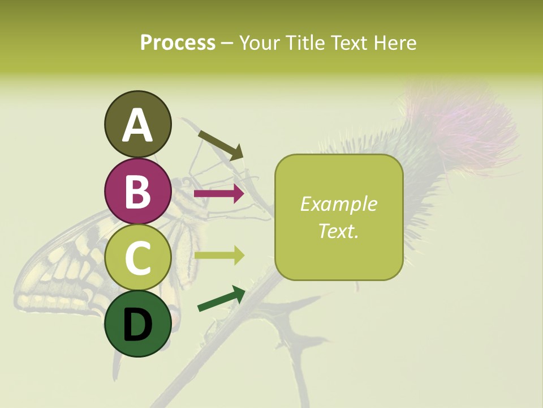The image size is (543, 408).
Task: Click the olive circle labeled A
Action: pyautogui.click(x=137, y=124)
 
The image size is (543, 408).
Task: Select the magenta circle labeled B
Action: pyautogui.click(x=137, y=191)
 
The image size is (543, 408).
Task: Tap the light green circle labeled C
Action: pyautogui.click(x=137, y=258)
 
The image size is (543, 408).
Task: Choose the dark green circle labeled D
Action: pyautogui.click(x=137, y=324)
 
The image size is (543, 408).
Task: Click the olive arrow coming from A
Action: pyautogui.click(x=221, y=144)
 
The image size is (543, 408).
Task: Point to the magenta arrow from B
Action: pyautogui.click(x=219, y=194)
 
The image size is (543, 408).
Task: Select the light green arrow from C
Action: pyautogui.click(x=219, y=256)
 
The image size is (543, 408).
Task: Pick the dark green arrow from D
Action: pyautogui.click(x=221, y=299)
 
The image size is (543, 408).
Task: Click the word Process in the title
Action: pyautogui.click(x=178, y=43)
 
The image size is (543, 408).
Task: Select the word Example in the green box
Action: pyautogui.click(x=338, y=204)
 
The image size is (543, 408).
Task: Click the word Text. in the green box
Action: pyautogui.click(x=338, y=231)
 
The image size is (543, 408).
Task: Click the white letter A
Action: pyautogui.click(x=137, y=125)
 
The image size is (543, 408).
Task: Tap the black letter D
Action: pyautogui.click(x=137, y=325)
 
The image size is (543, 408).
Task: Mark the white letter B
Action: pyautogui.click(x=137, y=192)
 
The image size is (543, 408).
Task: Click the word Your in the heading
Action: pyautogui.click(x=259, y=43)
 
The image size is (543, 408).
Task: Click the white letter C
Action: pyautogui.click(x=137, y=258)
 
